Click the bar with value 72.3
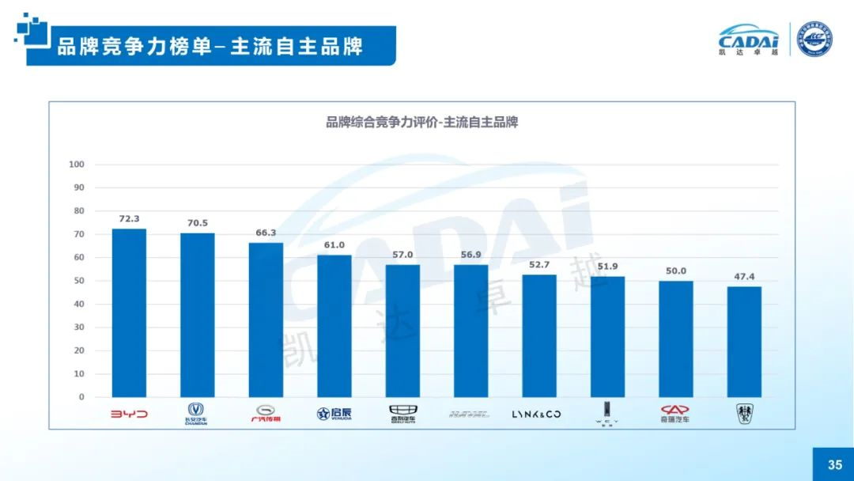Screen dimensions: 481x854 click(x=129, y=312)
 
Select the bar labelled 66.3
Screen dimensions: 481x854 click(x=266, y=320)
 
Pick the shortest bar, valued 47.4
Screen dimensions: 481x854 click(x=744, y=342)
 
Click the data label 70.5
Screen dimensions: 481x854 click(x=197, y=223)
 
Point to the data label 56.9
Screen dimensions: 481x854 click(x=470, y=255)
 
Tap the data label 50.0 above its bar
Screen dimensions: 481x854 click(x=676, y=271)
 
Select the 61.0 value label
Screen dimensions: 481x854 click(x=334, y=245)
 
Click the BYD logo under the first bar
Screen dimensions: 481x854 click(x=129, y=414)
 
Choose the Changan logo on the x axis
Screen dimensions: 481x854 click(x=196, y=414)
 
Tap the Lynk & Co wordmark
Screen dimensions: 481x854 click(x=537, y=414)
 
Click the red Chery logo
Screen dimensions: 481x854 click(x=675, y=414)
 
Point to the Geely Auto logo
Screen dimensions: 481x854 click(x=402, y=414)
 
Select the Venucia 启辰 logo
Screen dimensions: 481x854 click(x=334, y=414)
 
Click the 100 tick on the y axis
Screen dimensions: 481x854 click(x=77, y=165)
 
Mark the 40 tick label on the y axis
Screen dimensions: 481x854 click(x=79, y=304)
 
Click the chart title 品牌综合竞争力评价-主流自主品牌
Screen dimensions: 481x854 click(x=421, y=123)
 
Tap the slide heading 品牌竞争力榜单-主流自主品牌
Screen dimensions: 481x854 click(x=210, y=46)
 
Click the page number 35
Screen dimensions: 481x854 click(x=834, y=464)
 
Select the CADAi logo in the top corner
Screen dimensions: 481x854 click(x=748, y=40)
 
